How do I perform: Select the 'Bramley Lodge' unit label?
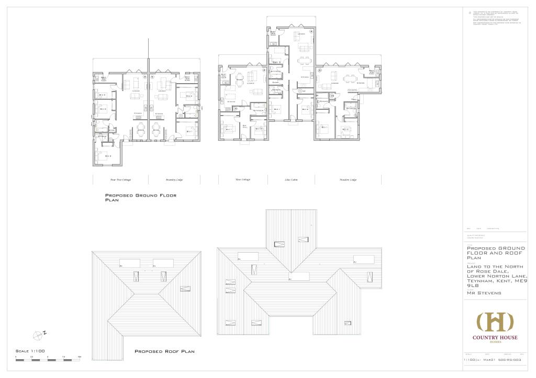pyautogui.click(x=174, y=179)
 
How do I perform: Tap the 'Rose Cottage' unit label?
pyautogui.click(x=243, y=179)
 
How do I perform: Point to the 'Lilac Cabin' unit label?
pyautogui.click(x=291, y=179)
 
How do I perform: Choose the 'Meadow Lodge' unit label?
pyautogui.click(x=348, y=179)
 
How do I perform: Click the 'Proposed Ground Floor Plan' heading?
pyautogui.click(x=141, y=197)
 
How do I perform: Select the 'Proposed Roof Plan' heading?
pyautogui.click(x=164, y=351)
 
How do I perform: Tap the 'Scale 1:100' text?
pyautogui.click(x=30, y=350)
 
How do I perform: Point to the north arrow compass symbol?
pyautogui.click(x=38, y=334)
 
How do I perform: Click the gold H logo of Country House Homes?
pyautogui.click(x=495, y=322)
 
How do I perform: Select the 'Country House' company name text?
pyautogui.click(x=495, y=338)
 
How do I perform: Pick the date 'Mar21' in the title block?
pyautogui.click(x=489, y=360)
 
